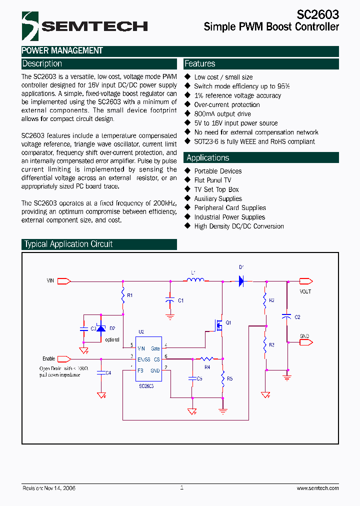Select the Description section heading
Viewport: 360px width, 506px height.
point(42,64)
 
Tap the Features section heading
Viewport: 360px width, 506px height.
point(200,64)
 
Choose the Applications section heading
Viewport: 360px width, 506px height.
point(207,158)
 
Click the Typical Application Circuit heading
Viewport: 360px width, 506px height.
point(68,244)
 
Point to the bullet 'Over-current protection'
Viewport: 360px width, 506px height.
point(226,105)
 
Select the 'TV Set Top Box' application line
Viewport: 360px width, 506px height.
point(216,189)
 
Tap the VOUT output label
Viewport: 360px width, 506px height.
point(305,291)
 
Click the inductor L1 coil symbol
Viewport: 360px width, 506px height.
point(194,281)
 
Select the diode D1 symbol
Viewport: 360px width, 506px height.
point(240,281)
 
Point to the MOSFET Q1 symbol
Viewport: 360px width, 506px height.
point(218,325)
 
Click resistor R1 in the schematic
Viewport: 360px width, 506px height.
point(123,298)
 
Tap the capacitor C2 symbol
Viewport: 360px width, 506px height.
point(286,316)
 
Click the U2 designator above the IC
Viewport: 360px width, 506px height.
point(141,331)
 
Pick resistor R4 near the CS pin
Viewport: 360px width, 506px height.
point(206,358)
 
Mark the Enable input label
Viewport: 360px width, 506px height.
point(48,358)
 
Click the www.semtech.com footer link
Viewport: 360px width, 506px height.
point(317,488)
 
